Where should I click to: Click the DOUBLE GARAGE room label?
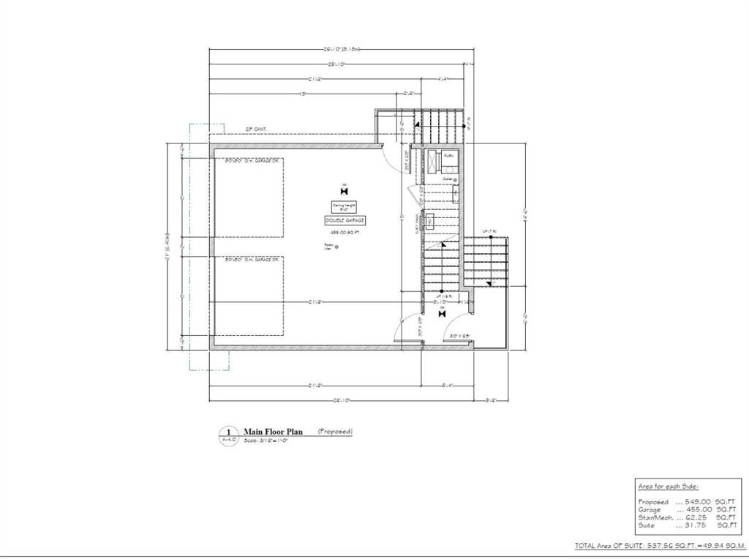pyautogui.click(x=345, y=220)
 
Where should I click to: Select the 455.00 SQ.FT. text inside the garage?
pyautogui.click(x=345, y=231)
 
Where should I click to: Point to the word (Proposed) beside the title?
pyautogui.click(x=335, y=432)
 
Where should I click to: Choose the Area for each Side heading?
pyautogui.click(x=669, y=486)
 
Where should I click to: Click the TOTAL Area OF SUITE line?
pyautogui.click(x=660, y=546)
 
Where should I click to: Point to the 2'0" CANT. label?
pyautogui.click(x=256, y=129)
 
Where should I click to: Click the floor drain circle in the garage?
pyautogui.click(x=336, y=247)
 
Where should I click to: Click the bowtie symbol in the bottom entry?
pyautogui.click(x=441, y=313)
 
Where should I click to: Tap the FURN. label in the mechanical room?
pyautogui.click(x=449, y=156)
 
